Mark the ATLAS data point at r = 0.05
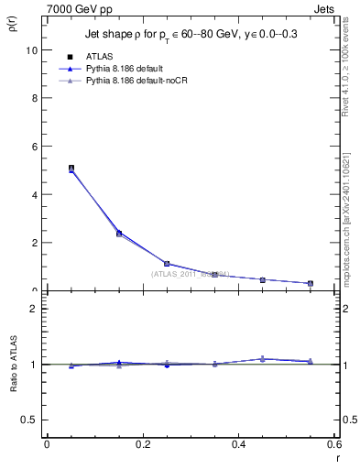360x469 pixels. [71, 169]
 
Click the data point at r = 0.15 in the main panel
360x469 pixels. [119, 234]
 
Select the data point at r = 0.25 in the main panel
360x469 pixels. [167, 264]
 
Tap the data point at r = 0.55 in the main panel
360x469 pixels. [311, 283]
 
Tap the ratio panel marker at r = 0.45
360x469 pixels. [263, 358]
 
